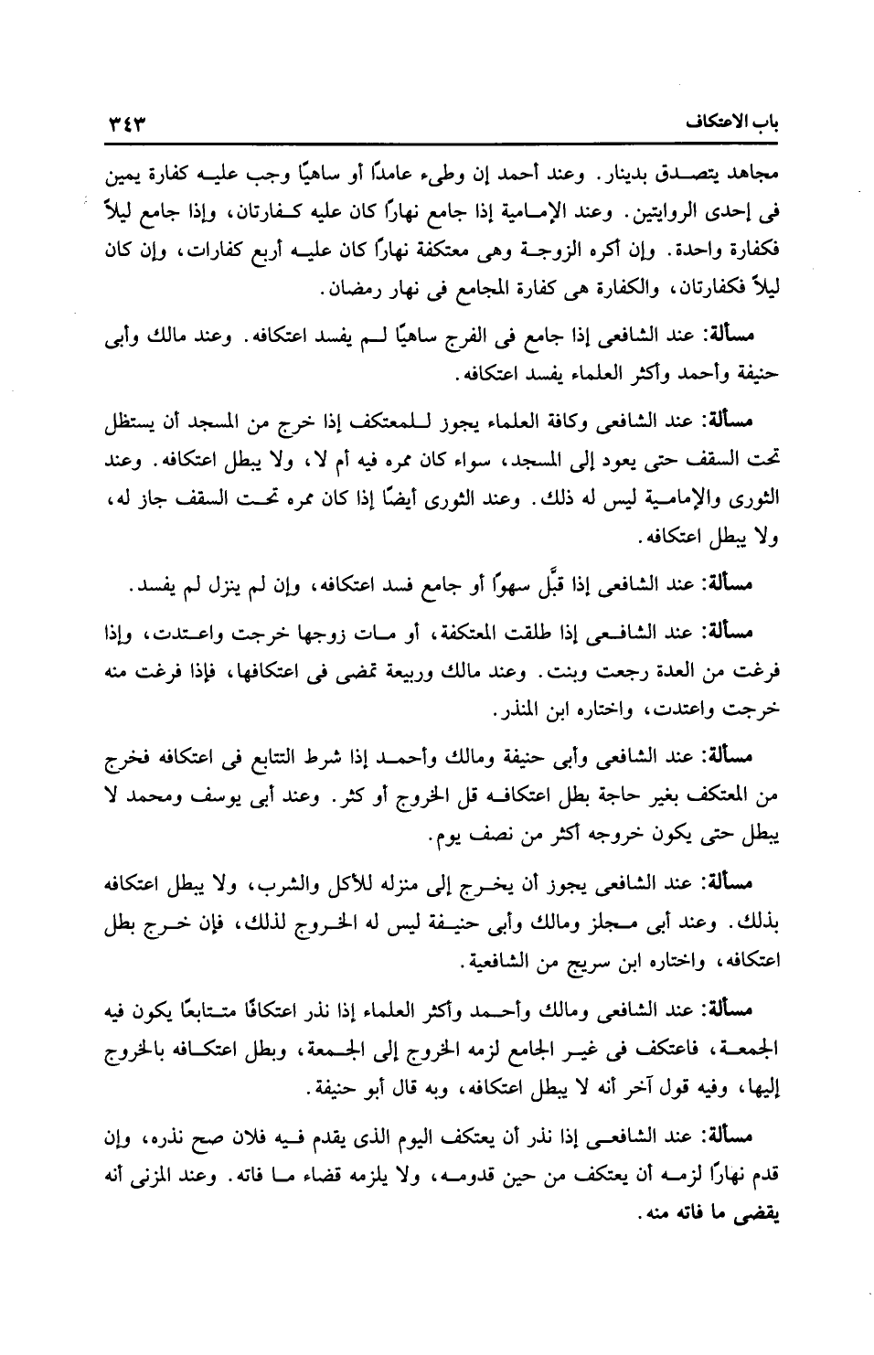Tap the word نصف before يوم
point(479,835)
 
